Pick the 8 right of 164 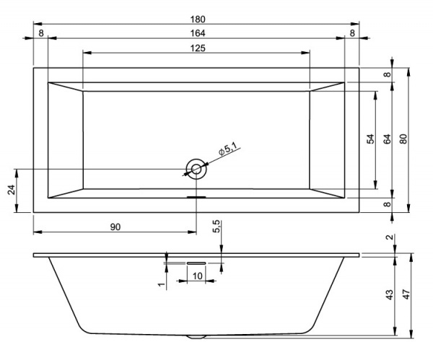[x=352, y=33]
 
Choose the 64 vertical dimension [x=387, y=140]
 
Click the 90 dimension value [x=115, y=227]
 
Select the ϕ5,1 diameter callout [x=228, y=149]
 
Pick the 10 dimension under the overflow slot [x=196, y=276]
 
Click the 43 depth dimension [x=388, y=295]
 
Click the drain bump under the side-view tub [x=196, y=336]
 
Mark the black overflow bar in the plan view [x=196, y=195]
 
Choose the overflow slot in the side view [x=196, y=263]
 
